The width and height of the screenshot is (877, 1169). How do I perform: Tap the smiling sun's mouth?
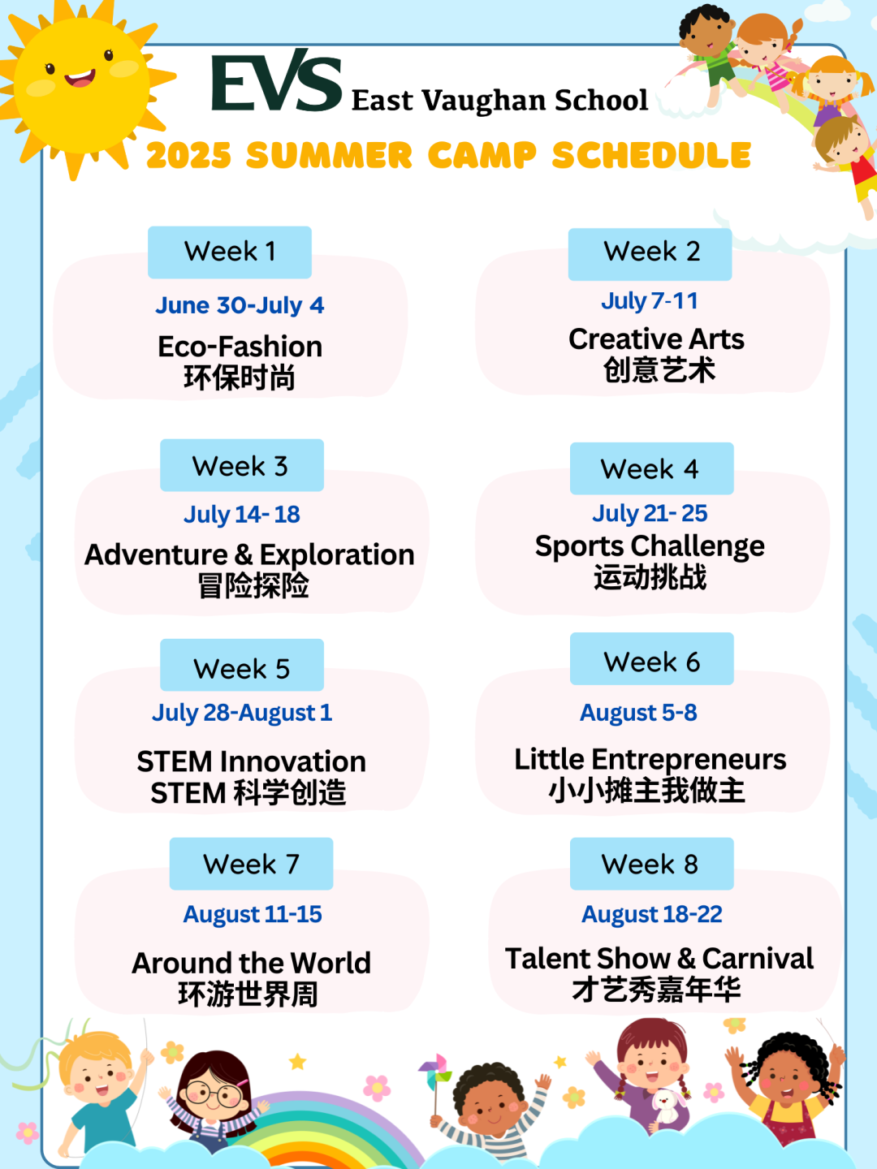click(80, 79)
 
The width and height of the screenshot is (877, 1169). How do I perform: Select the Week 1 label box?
click(230, 252)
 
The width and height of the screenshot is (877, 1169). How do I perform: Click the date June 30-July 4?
click(240, 305)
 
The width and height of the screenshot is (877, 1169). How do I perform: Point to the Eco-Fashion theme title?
click(240, 347)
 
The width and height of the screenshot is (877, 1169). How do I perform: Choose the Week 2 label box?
click(650, 254)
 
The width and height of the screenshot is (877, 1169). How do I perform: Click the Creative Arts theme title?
click(656, 339)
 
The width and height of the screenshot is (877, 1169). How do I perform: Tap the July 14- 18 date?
click(242, 515)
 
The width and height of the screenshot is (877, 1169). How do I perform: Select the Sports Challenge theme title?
click(650, 547)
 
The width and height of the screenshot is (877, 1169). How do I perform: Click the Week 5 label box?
click(242, 665)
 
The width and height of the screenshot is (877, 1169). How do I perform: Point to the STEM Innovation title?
click(252, 761)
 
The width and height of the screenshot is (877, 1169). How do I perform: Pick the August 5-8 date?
click(638, 713)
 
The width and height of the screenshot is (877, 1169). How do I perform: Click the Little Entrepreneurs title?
click(650, 760)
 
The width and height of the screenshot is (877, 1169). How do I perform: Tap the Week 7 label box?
click(252, 863)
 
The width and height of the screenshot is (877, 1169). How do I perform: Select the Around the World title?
click(252, 963)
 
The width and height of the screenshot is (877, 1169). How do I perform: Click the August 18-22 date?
click(652, 914)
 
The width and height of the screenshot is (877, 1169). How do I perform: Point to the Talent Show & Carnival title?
click(659, 959)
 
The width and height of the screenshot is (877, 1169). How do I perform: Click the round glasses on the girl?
click(216, 1094)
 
